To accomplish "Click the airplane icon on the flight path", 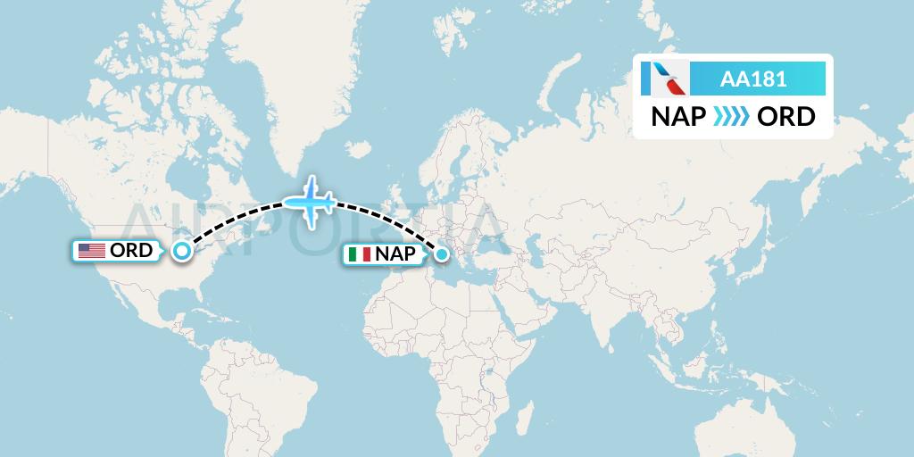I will [310, 203].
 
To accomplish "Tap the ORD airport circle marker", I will [182, 251].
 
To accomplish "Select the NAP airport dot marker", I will [441, 256].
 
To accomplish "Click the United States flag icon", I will [91, 251].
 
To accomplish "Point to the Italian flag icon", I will [360, 254].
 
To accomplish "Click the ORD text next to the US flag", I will [130, 251].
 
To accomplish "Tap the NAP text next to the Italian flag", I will [395, 254].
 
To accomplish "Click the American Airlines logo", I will [666, 79].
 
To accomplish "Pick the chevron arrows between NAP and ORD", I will [731, 117].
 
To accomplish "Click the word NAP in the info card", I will [678, 117].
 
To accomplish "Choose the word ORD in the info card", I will [785, 117].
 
